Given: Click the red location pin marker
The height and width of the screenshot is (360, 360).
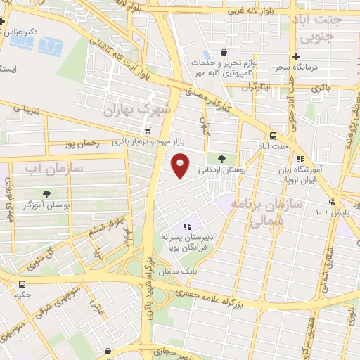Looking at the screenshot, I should coord(181,165).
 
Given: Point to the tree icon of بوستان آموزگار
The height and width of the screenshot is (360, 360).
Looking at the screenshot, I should coord(47,193).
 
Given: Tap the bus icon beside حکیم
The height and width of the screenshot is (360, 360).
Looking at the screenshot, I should coord(22,285).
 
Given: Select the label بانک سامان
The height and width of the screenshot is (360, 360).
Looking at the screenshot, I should coord(199,270).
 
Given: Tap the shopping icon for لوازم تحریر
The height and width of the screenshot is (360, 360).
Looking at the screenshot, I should coord(224,52).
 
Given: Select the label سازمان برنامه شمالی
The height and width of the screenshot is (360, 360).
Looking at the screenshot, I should coord(276,209).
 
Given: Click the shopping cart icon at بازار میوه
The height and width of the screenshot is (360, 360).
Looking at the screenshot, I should coord(147,130).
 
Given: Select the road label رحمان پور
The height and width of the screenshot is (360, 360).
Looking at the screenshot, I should coord(75,144).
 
